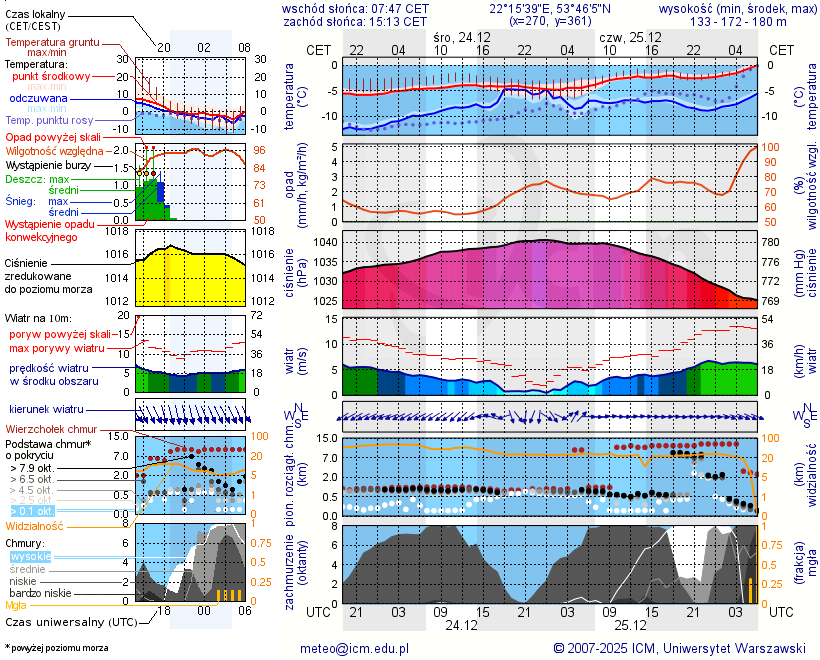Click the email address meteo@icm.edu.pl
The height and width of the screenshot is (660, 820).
pyautogui.click(x=355, y=648)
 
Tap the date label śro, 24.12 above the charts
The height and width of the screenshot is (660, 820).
pyautogui.click(x=462, y=36)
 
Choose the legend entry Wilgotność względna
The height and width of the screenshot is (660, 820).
pyautogui.click(x=53, y=150)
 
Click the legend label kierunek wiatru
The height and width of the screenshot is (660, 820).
pyautogui.click(x=45, y=410)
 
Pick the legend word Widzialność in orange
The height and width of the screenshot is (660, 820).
pyautogui.click(x=35, y=525)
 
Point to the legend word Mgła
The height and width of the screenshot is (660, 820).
pyautogui.click(x=16, y=605)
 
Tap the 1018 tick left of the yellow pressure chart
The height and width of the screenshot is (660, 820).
pyautogui.click(x=117, y=231)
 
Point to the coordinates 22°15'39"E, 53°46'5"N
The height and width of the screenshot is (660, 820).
pyautogui.click(x=551, y=8)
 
